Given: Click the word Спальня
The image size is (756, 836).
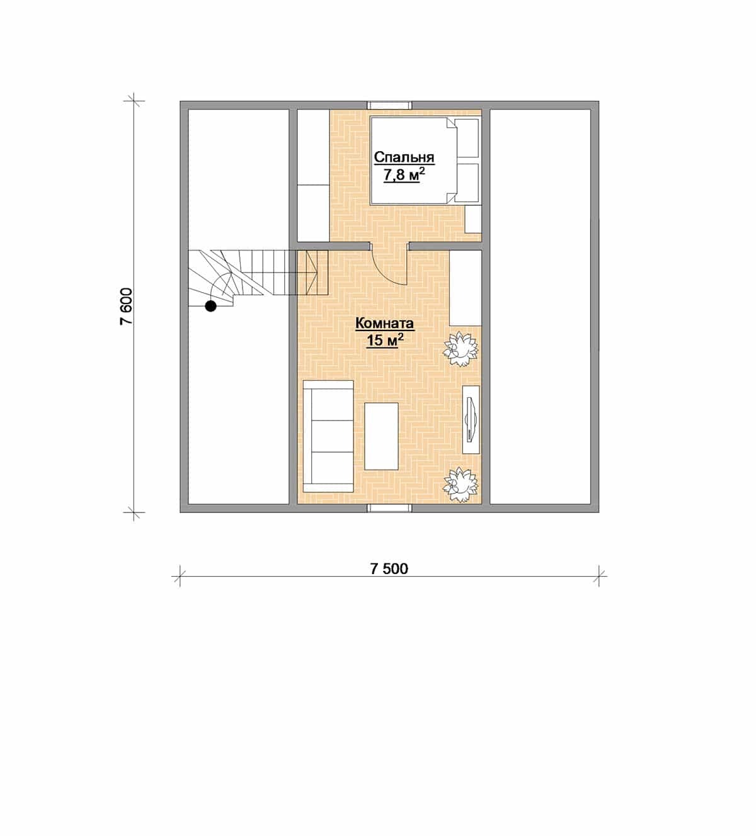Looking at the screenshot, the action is click(404, 158).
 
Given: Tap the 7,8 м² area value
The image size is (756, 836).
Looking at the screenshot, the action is click(404, 176).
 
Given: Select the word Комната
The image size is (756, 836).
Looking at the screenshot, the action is click(384, 324).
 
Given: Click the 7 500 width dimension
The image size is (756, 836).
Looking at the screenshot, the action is click(389, 568).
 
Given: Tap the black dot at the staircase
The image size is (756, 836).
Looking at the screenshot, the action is click(210, 307).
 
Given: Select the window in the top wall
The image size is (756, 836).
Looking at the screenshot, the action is click(389, 105).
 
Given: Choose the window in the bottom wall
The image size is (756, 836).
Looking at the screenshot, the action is click(389, 508).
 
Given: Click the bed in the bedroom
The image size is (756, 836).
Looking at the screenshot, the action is click(425, 161).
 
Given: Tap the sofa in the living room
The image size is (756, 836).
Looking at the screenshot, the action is click(328, 436).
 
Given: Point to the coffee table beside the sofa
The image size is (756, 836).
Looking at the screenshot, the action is click(381, 436).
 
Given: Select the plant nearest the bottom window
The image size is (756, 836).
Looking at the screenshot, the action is click(460, 485).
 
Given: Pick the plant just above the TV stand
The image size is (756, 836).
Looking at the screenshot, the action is click(460, 350).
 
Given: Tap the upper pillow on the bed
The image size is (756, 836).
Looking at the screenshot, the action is click(467, 138).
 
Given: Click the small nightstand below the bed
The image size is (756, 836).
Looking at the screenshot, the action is click(474, 219).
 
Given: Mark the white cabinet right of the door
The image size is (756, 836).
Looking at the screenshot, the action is click(465, 288).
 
